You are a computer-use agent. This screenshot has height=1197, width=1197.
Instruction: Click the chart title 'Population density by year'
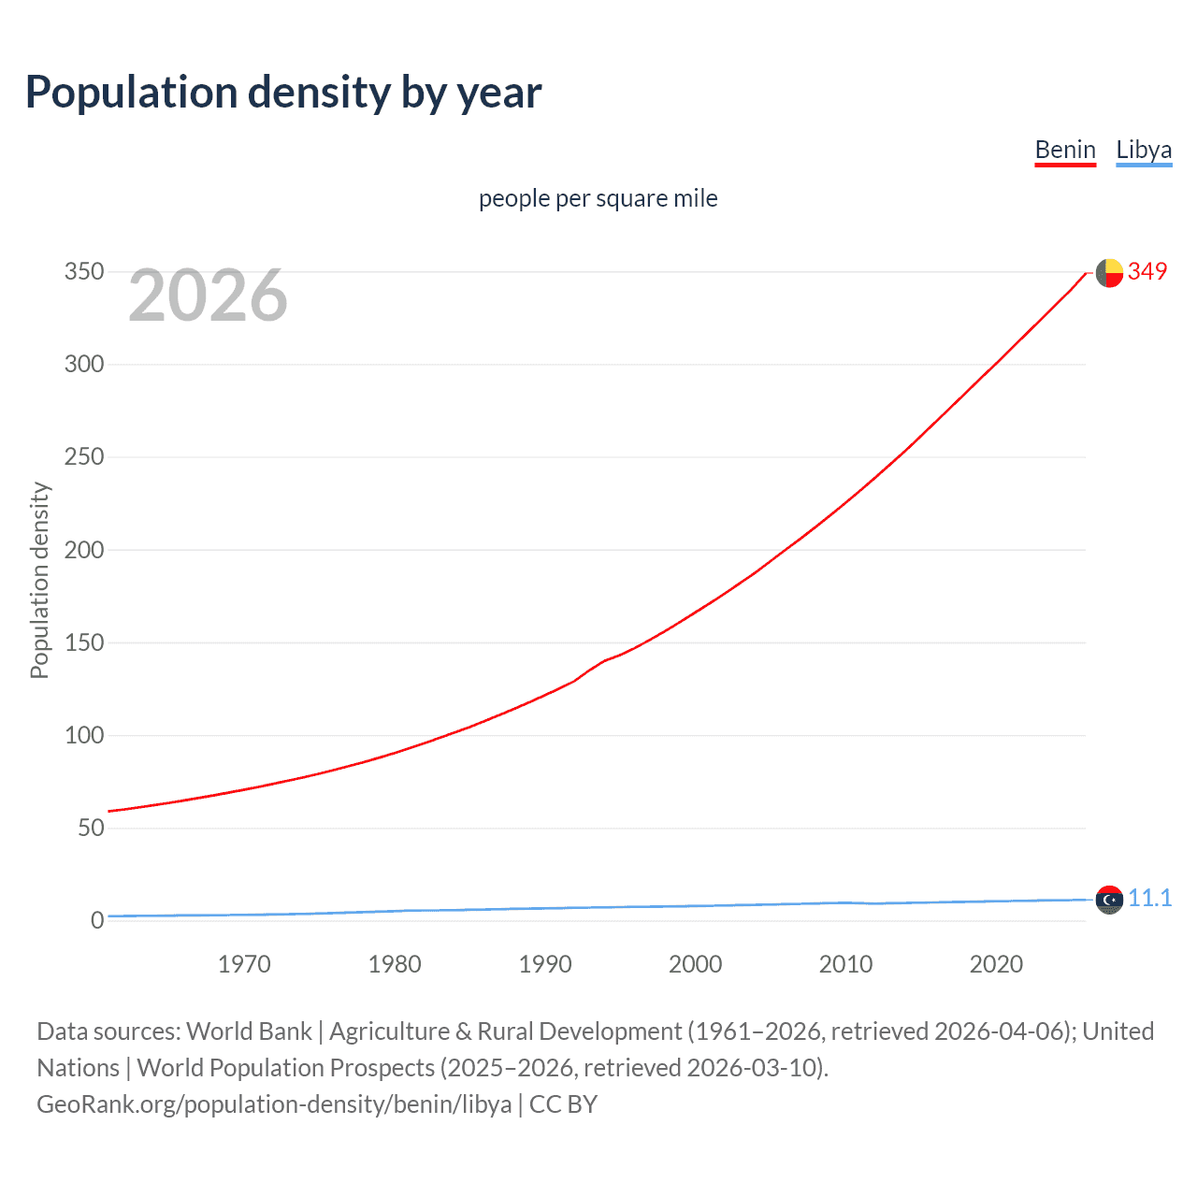pyautogui.click(x=283, y=93)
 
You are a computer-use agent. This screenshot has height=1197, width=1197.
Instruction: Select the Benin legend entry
pyautogui.click(x=1064, y=151)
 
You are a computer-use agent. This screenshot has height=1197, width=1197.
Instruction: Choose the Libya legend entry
pyautogui.click(x=1143, y=151)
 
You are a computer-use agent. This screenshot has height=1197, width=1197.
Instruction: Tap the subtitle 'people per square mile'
pyautogui.click(x=598, y=199)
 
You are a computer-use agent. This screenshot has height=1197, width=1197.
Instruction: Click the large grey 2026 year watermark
pyautogui.click(x=208, y=296)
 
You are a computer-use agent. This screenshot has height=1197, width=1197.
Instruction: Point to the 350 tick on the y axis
pyautogui.click(x=84, y=272)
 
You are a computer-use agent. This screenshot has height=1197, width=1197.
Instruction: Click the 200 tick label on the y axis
pyautogui.click(x=84, y=550)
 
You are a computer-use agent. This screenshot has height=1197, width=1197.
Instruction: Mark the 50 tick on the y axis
pyautogui.click(x=91, y=828)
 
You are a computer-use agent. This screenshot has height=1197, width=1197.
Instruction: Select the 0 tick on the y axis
pyautogui.click(x=97, y=920)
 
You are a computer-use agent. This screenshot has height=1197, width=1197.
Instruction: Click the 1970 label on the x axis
pyautogui.click(x=244, y=964)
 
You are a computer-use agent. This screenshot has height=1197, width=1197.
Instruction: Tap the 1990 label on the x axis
pyautogui.click(x=545, y=964)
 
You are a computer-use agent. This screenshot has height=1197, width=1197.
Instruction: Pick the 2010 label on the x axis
pyautogui.click(x=845, y=964)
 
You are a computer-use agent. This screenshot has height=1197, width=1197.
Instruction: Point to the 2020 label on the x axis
pyautogui.click(x=996, y=964)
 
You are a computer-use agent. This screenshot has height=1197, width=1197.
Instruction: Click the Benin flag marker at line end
pyautogui.click(x=1109, y=273)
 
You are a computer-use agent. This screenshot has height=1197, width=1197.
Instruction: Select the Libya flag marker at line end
pyautogui.click(x=1109, y=900)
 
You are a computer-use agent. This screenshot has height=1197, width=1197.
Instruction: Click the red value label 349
pyautogui.click(x=1147, y=272)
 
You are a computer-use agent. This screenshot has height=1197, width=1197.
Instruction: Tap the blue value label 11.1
pyautogui.click(x=1149, y=899)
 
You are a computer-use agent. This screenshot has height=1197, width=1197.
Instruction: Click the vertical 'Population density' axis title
pyautogui.click(x=39, y=580)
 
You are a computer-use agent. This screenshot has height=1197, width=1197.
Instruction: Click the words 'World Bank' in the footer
pyautogui.click(x=249, y=1031)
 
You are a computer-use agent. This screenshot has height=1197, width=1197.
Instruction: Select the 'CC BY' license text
pyautogui.click(x=563, y=1104)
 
